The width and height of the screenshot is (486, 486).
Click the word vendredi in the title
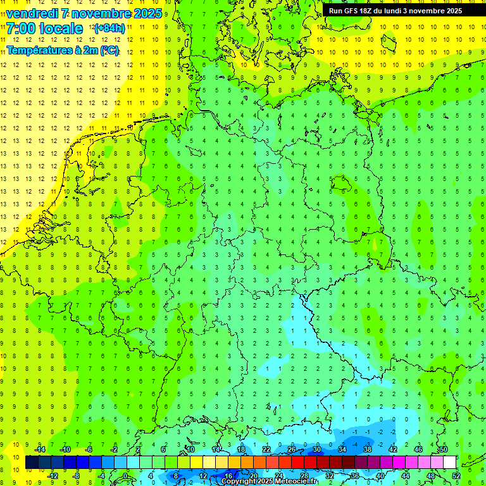tap(32, 13)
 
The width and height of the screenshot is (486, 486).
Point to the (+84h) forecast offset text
tap(109, 28)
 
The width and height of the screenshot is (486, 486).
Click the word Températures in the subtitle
tap(39, 50)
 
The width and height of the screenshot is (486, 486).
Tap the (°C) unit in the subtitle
tap(108, 50)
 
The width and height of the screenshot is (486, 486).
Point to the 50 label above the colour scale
tap(443, 449)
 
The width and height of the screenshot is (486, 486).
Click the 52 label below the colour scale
tap(456, 475)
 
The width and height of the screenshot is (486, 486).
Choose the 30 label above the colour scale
tap(316, 449)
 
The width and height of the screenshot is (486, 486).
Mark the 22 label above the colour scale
tap(266, 449)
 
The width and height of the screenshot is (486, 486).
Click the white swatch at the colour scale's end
tap(449, 463)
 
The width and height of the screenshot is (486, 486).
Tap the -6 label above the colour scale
tap(89, 449)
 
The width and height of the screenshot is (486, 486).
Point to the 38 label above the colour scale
tap(367, 449)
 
